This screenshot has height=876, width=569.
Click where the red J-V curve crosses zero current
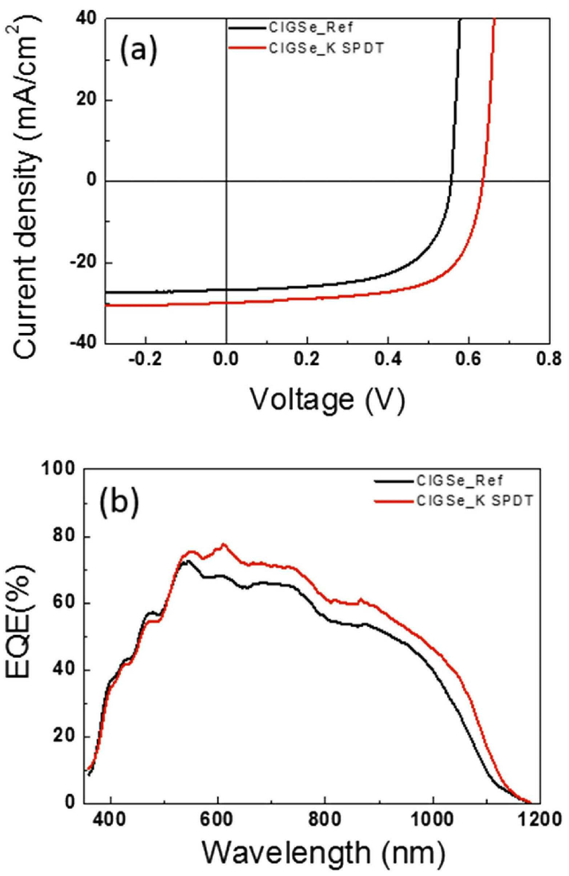pyautogui.click(x=483, y=181)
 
